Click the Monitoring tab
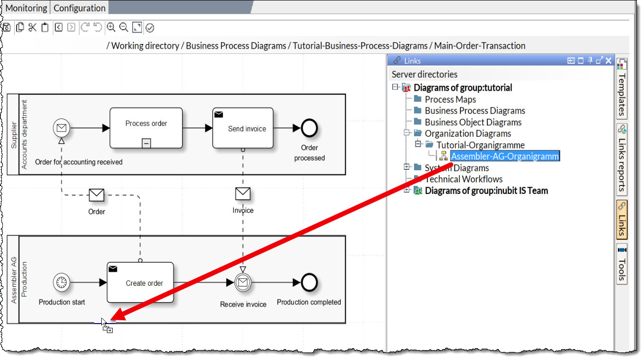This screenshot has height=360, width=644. tap(26, 8)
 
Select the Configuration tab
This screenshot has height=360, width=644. tap(79, 8)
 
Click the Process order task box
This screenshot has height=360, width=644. tap(146, 128)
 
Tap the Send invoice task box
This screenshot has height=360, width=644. tap(243, 128)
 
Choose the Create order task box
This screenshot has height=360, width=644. tap(140, 282)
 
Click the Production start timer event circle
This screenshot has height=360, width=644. tap(62, 283)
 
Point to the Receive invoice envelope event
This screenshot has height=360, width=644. tap(243, 283)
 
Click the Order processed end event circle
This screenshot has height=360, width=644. tap(309, 128)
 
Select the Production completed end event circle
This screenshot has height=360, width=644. tap(309, 283)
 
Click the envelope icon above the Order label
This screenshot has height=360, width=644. tap(97, 195)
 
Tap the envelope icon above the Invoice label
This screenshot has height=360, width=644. tap(243, 194)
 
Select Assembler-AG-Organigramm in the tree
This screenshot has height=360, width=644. tap(505, 156)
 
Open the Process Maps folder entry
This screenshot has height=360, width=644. tap(450, 99)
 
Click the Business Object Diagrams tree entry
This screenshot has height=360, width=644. tap(473, 122)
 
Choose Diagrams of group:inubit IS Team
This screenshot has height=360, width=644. tap(486, 191)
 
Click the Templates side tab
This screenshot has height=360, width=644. tap(622, 90)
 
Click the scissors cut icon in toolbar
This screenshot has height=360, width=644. tap(32, 27)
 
